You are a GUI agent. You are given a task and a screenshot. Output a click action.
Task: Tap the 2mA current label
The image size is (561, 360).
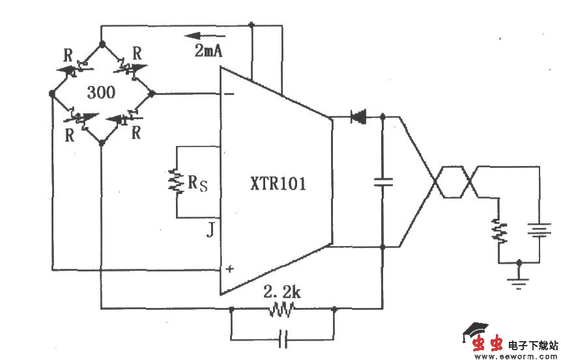(x=208, y=51)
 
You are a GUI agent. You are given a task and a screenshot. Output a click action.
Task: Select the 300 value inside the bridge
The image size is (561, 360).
(x=100, y=92)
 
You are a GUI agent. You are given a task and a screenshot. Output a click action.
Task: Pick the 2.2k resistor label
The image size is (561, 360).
(x=281, y=292)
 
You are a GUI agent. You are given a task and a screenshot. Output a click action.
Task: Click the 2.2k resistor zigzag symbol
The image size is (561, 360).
(x=282, y=311)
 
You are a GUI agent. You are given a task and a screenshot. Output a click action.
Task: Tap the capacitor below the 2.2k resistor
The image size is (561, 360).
(x=282, y=338)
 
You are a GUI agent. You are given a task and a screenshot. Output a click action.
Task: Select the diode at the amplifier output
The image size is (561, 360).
(x=358, y=118)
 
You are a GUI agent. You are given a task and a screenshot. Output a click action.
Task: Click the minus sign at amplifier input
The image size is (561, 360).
(x=229, y=94)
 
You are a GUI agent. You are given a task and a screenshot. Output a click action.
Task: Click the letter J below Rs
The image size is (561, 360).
(x=210, y=229)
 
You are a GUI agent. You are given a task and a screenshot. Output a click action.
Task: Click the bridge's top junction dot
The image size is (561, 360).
(x=102, y=44)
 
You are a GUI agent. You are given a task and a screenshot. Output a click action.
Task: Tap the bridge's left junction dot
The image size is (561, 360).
(x=52, y=93)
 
